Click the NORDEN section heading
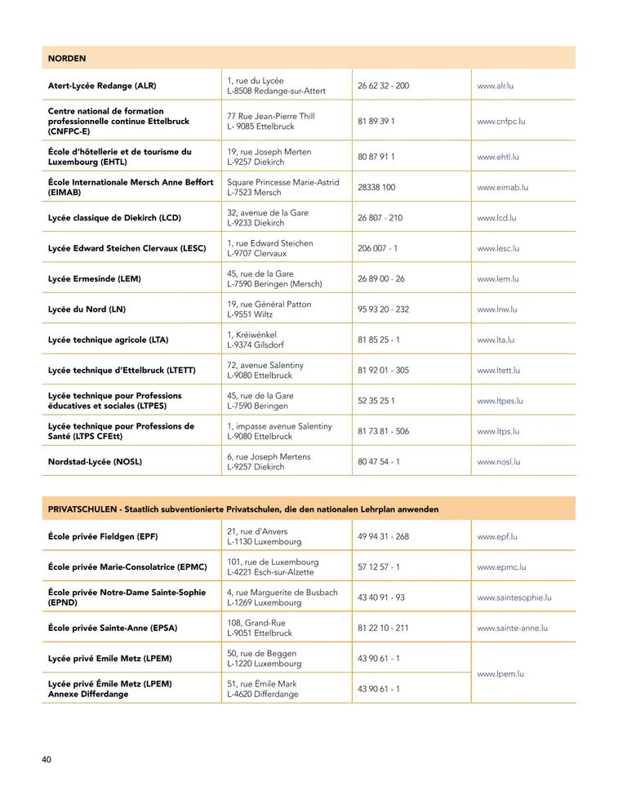coord(67,58)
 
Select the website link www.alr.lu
coord(496,86)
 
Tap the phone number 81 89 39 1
coord(376,121)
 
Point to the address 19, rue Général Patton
coord(269,304)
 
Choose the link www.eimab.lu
coord(502,187)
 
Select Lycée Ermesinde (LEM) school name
coord(94,278)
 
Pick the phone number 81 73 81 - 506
coord(383,431)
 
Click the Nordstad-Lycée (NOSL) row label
coord(95,461)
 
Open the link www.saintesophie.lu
coord(514,598)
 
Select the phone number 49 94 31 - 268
coord(383,536)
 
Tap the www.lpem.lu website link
coord(500,673)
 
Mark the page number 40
coord(47,760)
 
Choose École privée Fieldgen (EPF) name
coord(103,536)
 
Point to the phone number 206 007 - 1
coord(377,248)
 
